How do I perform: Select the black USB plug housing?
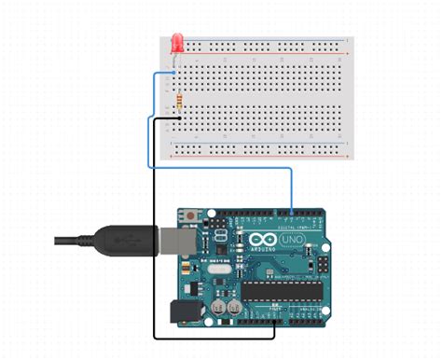(120, 241)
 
